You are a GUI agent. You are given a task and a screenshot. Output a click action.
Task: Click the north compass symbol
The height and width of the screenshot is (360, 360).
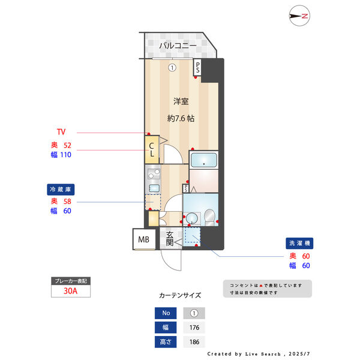pyautogui.click(x=298, y=16)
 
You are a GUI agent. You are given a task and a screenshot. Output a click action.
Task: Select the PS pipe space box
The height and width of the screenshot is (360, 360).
pyautogui.click(x=197, y=68)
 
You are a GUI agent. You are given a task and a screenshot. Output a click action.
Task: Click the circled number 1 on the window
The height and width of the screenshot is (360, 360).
pyautogui.click(x=172, y=67)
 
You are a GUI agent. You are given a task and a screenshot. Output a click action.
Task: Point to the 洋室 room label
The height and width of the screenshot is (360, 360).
pyautogui.click(x=181, y=101)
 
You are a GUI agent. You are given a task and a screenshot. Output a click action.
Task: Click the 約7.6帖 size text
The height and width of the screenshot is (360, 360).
pyautogui.click(x=181, y=118)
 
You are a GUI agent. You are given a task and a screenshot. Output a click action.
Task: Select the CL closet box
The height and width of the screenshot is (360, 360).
pyautogui.click(x=152, y=149)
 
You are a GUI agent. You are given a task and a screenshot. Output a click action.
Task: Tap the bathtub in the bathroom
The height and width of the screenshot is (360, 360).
pyautogui.click(x=205, y=161)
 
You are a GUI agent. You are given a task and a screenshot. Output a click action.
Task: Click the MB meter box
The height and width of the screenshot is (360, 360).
pyautogui.click(x=144, y=239)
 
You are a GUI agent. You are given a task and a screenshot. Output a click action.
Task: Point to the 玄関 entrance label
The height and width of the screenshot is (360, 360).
pyautogui.click(x=170, y=239)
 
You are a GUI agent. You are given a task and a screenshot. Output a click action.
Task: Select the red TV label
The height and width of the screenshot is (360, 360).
pyautogui.click(x=61, y=132)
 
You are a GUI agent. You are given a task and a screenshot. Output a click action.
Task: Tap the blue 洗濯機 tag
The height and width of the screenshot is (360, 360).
pyautogui.click(x=300, y=244)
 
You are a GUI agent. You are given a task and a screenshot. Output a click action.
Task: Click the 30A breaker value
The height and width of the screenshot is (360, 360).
pyautogui.click(x=71, y=292)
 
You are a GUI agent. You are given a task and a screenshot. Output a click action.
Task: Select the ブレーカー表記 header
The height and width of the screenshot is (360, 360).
pyautogui.click(x=71, y=280)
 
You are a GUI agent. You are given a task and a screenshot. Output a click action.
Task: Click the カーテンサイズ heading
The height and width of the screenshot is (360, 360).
pyautogui.click(x=180, y=295)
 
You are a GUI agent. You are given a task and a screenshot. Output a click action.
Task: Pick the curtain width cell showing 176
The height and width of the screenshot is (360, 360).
pyautogui.click(x=194, y=328)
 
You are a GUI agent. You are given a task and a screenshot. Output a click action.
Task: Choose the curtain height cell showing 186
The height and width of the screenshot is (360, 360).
pyautogui.click(x=194, y=342)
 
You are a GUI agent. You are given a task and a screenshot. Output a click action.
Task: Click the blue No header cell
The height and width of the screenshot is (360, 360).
pyautogui.click(x=166, y=313)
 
